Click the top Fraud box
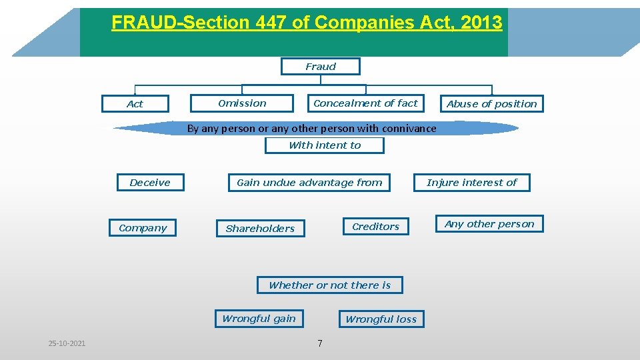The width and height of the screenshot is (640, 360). click(321, 67)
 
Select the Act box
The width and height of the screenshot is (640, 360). click(135, 104)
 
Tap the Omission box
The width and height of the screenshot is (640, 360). click(242, 103)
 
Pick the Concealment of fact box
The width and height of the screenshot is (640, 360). click(365, 103)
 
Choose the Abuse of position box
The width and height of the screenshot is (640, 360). click(491, 104)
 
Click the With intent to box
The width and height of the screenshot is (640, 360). click(325, 145)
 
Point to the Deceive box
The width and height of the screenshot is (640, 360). click(150, 183)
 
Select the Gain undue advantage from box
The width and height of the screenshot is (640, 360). click(309, 183)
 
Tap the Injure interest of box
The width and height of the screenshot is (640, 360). click(472, 183)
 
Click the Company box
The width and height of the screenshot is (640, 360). click(143, 228)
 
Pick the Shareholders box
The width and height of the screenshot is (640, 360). click(260, 229)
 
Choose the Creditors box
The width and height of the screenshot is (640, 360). click(376, 227)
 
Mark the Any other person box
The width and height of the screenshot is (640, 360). click(489, 224)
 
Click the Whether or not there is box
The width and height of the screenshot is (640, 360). click(329, 285)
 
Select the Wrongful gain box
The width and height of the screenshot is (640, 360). click(259, 319)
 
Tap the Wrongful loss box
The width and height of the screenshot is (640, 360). click(381, 319)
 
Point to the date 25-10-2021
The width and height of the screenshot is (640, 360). click(67, 343)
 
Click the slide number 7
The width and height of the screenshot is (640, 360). click(320, 343)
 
